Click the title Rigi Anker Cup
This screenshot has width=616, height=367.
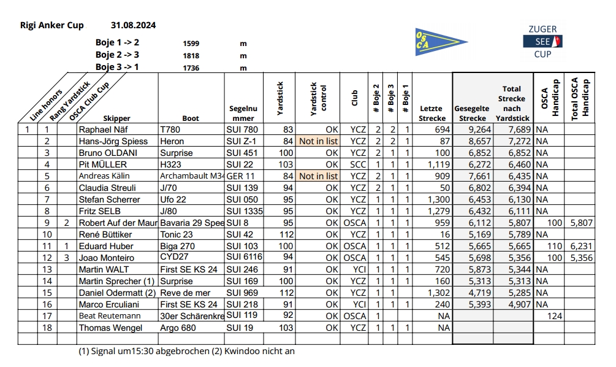pyautogui.click(x=51, y=26)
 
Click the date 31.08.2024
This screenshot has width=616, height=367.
pyautogui.click(x=133, y=26)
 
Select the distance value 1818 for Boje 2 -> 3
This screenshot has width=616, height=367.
pyautogui.click(x=191, y=56)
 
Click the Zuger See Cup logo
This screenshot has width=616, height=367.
pyautogui.click(x=542, y=42)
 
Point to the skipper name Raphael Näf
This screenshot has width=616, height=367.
pyautogui.click(x=105, y=130)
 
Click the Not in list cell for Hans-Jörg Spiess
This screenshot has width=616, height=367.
pyautogui.click(x=318, y=142)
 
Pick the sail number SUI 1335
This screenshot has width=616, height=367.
pyautogui.click(x=245, y=211)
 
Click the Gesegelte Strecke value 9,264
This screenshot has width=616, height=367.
pyautogui.click(x=479, y=130)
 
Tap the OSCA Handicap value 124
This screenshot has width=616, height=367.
pyautogui.click(x=553, y=316)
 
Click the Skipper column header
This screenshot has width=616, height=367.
pyautogui.click(x=117, y=118)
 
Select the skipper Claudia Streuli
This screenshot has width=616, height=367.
pyautogui.click(x=107, y=188)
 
